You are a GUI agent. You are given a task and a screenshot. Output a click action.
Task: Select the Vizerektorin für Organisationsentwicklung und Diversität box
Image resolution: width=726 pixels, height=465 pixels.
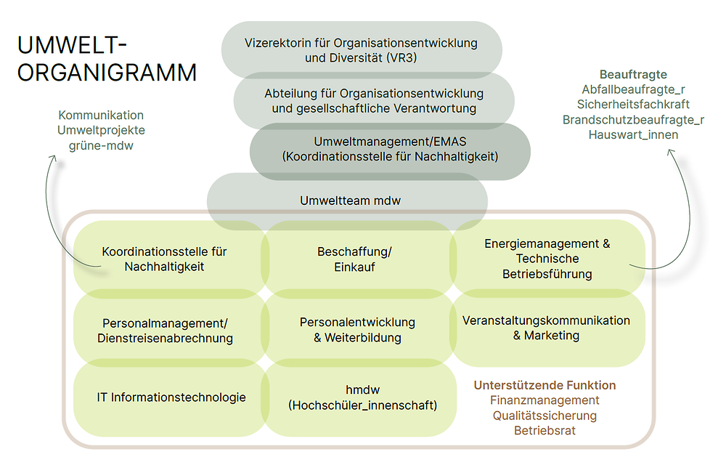[361, 50]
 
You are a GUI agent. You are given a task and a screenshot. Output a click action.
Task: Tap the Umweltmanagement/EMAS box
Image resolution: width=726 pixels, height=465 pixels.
[390, 148]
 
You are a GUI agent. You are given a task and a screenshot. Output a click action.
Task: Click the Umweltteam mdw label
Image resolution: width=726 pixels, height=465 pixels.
[350, 201]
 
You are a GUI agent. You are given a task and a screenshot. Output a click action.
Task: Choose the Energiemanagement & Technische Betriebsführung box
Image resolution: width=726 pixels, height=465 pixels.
[547, 259]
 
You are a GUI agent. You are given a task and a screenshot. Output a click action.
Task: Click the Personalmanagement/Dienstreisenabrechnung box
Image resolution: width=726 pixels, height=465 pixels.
[166, 330]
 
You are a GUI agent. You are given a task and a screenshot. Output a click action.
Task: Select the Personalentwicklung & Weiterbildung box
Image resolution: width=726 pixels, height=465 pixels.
[357, 329]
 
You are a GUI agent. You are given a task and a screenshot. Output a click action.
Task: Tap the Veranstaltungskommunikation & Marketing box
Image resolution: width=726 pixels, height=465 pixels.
[546, 328]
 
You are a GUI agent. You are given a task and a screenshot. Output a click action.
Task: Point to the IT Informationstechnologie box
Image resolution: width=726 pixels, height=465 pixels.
[171, 397]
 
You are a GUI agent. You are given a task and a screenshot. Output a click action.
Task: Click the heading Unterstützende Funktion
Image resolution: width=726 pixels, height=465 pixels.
[544, 385]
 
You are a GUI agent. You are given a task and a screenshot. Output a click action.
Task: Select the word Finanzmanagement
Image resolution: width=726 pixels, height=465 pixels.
[544, 400]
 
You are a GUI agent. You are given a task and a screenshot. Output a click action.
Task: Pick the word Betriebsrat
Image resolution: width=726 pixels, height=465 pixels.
[544, 430]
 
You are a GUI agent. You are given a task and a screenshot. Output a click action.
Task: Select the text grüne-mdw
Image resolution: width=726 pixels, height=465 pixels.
[102, 145]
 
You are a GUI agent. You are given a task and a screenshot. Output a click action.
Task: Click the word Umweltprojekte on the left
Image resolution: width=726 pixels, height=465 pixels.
[101, 130]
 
